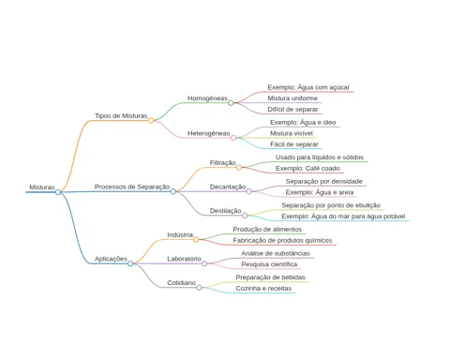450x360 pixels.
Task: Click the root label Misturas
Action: pos(42,187)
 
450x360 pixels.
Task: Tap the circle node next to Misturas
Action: pos(58,192)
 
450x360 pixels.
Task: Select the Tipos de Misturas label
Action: pos(121,115)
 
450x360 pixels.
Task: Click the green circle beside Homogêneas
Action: pos(231,103)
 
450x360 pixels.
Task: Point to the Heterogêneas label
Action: pos(208,133)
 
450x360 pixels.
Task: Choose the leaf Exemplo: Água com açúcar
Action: pos(308,87)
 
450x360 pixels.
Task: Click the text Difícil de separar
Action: pos(292,110)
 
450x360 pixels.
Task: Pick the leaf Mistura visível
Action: pos(292,133)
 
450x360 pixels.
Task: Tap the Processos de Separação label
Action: pos(132,187)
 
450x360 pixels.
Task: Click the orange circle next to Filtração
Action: pos(239,168)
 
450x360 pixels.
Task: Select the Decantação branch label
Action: pos(228,187)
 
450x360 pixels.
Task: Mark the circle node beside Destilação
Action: pos(245,216)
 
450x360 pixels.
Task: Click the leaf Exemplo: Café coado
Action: pos(307,168)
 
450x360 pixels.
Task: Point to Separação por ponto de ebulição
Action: pos(331,205)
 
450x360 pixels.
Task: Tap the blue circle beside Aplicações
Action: pos(130,263)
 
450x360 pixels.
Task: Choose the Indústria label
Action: pos(180,234)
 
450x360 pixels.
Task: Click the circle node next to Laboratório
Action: pos(204,263)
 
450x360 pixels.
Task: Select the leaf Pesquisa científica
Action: pos(269,264)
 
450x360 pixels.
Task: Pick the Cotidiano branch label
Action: pos(181,283)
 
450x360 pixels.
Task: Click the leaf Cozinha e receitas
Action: pos(263,288)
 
